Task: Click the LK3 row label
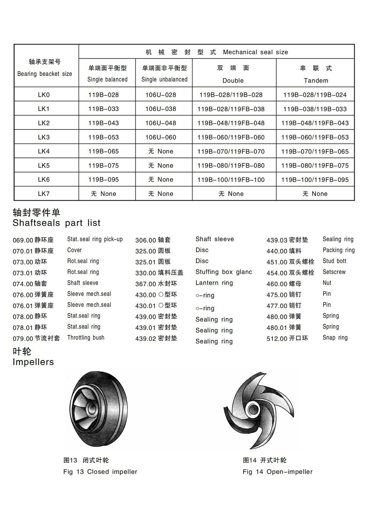coord(44,137)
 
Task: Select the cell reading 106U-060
coord(161,137)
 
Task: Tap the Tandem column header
coord(316,81)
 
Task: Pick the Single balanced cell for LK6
coord(104,180)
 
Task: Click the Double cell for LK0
coord(231,95)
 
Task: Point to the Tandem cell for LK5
coord(315,166)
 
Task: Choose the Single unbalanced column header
coord(164,79)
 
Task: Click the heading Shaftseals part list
coord(57,223)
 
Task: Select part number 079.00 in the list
coord(23,339)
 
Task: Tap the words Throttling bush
coord(86,338)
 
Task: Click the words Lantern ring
coord(214,283)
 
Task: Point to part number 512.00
coord(277,339)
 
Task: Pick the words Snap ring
coord(335,338)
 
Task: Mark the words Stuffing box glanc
coord(224,272)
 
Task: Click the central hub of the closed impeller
coord(92,408)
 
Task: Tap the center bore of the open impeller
coord(253,409)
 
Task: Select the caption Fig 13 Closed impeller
coord(100,472)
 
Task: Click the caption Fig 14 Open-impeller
coord(278,472)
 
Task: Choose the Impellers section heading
coord(33,362)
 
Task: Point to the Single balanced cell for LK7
coord(104,194)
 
